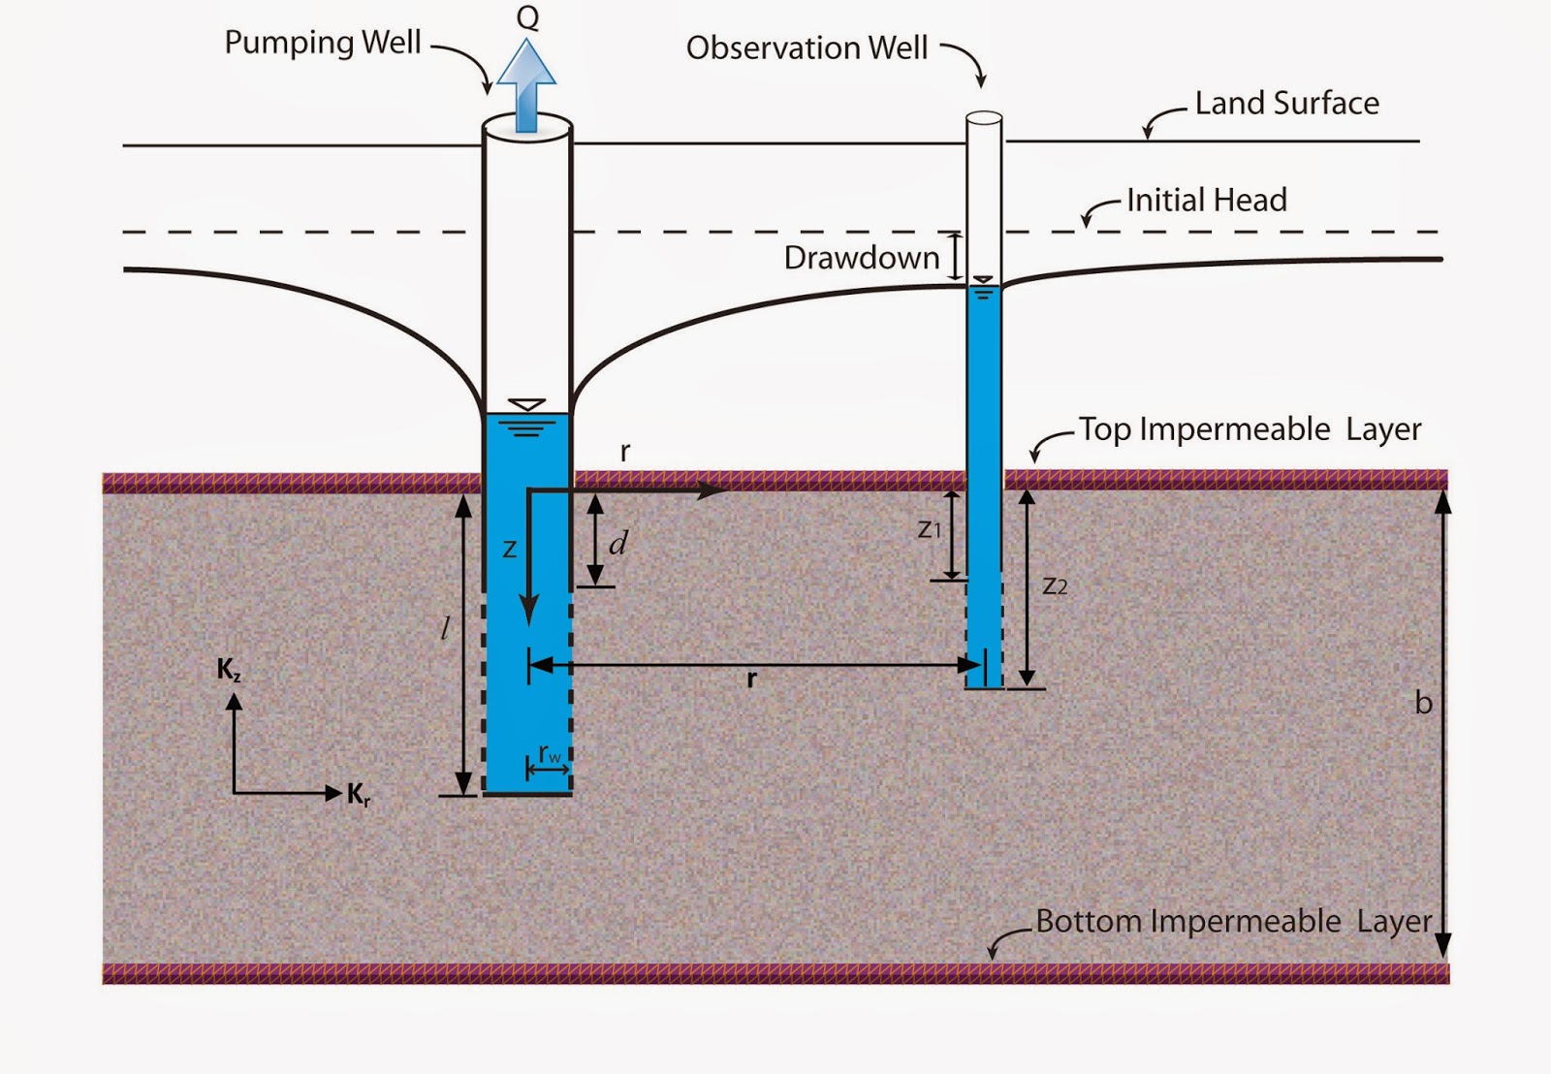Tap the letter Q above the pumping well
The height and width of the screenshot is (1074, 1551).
point(527,18)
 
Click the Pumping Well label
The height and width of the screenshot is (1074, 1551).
point(323,43)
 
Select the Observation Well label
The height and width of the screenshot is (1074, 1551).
point(807,47)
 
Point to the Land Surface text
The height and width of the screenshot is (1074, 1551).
point(1286,103)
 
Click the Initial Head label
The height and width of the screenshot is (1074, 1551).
point(1206,200)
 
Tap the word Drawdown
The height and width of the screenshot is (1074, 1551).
point(862,258)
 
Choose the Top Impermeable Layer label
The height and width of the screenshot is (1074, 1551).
point(1250,428)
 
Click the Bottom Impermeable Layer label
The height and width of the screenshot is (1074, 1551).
point(1233,921)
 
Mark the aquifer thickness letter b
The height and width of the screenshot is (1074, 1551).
point(1423,703)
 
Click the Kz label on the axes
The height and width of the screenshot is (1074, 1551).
point(229,669)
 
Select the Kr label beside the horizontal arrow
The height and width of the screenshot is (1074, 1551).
point(358,796)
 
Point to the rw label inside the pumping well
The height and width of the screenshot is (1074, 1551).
point(549,753)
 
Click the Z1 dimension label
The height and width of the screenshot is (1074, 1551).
point(929,529)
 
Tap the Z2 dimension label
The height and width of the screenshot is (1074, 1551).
point(1055,585)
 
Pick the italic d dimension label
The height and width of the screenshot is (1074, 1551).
point(617,543)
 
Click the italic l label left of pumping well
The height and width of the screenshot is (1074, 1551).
point(445,628)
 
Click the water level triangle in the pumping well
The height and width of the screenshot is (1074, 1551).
point(526,405)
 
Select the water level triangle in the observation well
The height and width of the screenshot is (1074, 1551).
point(983,280)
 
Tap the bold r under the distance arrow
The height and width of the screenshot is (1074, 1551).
point(751,679)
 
